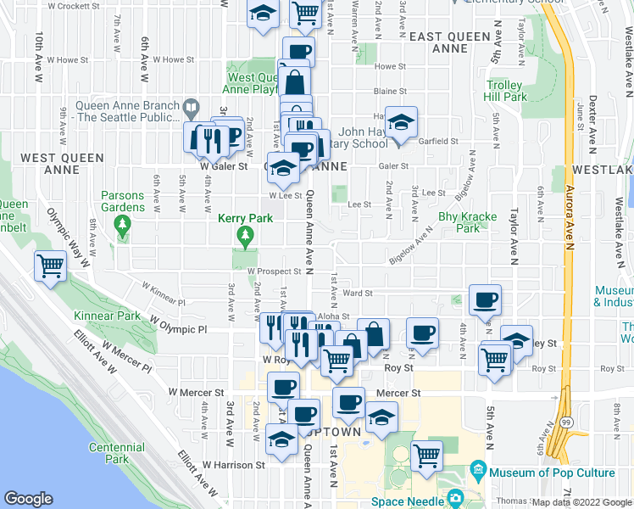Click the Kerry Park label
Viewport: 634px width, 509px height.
(x=245, y=218)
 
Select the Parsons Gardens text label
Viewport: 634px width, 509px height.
(x=123, y=201)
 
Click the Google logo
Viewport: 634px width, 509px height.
(x=28, y=499)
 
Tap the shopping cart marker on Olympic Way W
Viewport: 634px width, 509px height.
(x=50, y=267)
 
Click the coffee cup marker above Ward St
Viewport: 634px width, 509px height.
(x=485, y=299)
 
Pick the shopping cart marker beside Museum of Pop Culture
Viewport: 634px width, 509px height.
(x=427, y=456)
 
